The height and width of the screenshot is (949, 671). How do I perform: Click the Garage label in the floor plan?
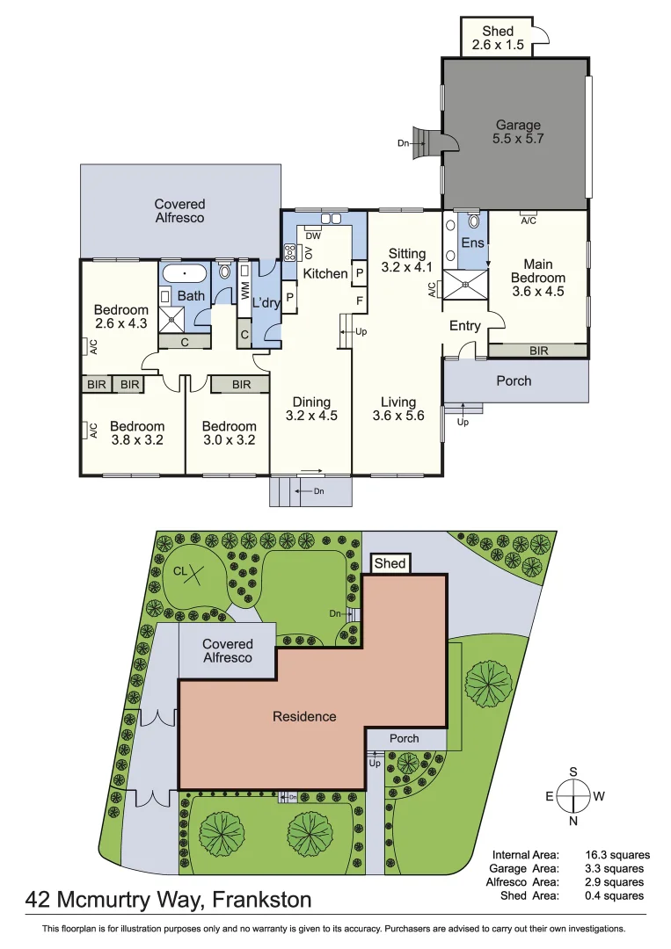tap(518, 125)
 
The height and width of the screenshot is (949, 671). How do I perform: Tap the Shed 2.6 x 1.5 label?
tap(498, 38)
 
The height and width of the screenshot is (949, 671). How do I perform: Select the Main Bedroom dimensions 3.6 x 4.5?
tap(538, 291)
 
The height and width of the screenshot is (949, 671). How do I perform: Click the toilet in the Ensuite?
tap(474, 221)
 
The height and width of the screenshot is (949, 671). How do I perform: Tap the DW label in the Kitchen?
tap(313, 236)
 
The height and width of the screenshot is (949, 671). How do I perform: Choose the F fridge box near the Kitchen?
tap(360, 301)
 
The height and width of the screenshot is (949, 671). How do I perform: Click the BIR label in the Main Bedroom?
tap(539, 351)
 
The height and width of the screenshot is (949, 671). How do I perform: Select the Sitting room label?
tap(407, 254)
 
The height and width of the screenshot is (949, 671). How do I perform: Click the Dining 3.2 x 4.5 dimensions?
tap(311, 416)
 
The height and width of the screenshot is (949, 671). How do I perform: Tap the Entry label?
tap(465, 326)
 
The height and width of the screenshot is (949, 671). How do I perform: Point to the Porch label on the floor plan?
tap(514, 380)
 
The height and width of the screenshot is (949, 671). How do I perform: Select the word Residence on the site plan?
tap(304, 717)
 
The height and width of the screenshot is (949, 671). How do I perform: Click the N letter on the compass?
tap(573, 822)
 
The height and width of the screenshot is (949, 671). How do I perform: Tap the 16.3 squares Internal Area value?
tap(617, 855)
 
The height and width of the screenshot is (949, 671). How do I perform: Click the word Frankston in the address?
tap(261, 900)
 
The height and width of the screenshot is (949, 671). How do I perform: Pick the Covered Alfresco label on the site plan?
tap(228, 651)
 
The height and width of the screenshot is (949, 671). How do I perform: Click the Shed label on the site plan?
tap(390, 563)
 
